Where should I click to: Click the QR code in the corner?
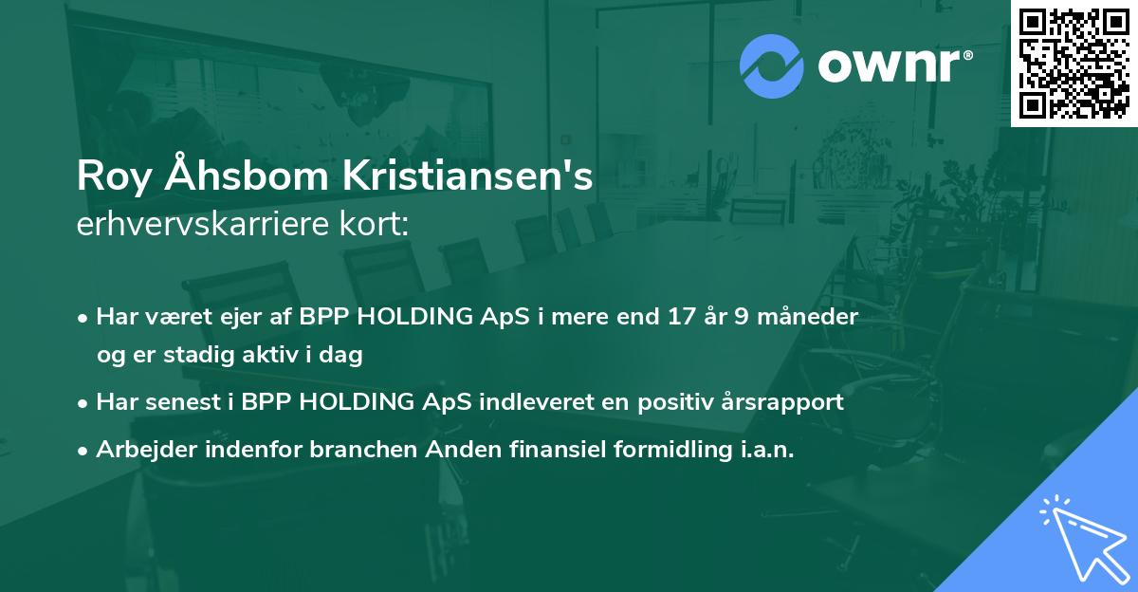tap(1074, 63)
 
